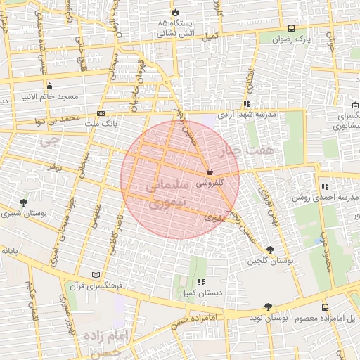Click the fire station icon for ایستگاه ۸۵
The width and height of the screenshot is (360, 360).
[x=176, y=13]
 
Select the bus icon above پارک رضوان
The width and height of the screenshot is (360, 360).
[x=292, y=29]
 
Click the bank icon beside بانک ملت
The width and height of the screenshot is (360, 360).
[x=102, y=112]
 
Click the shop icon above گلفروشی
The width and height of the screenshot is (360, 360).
[x=210, y=172]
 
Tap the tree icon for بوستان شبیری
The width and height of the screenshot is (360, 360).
[x=25, y=202]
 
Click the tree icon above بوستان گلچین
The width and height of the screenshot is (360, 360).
[x=270, y=250]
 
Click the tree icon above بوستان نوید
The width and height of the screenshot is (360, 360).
[x=268, y=307]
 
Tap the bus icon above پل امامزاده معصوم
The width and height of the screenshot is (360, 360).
[x=324, y=307]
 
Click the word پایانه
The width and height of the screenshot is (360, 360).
[x=8, y=250]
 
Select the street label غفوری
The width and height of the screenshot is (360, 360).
[x=212, y=218]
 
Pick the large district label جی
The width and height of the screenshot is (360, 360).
[x=47, y=141]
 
